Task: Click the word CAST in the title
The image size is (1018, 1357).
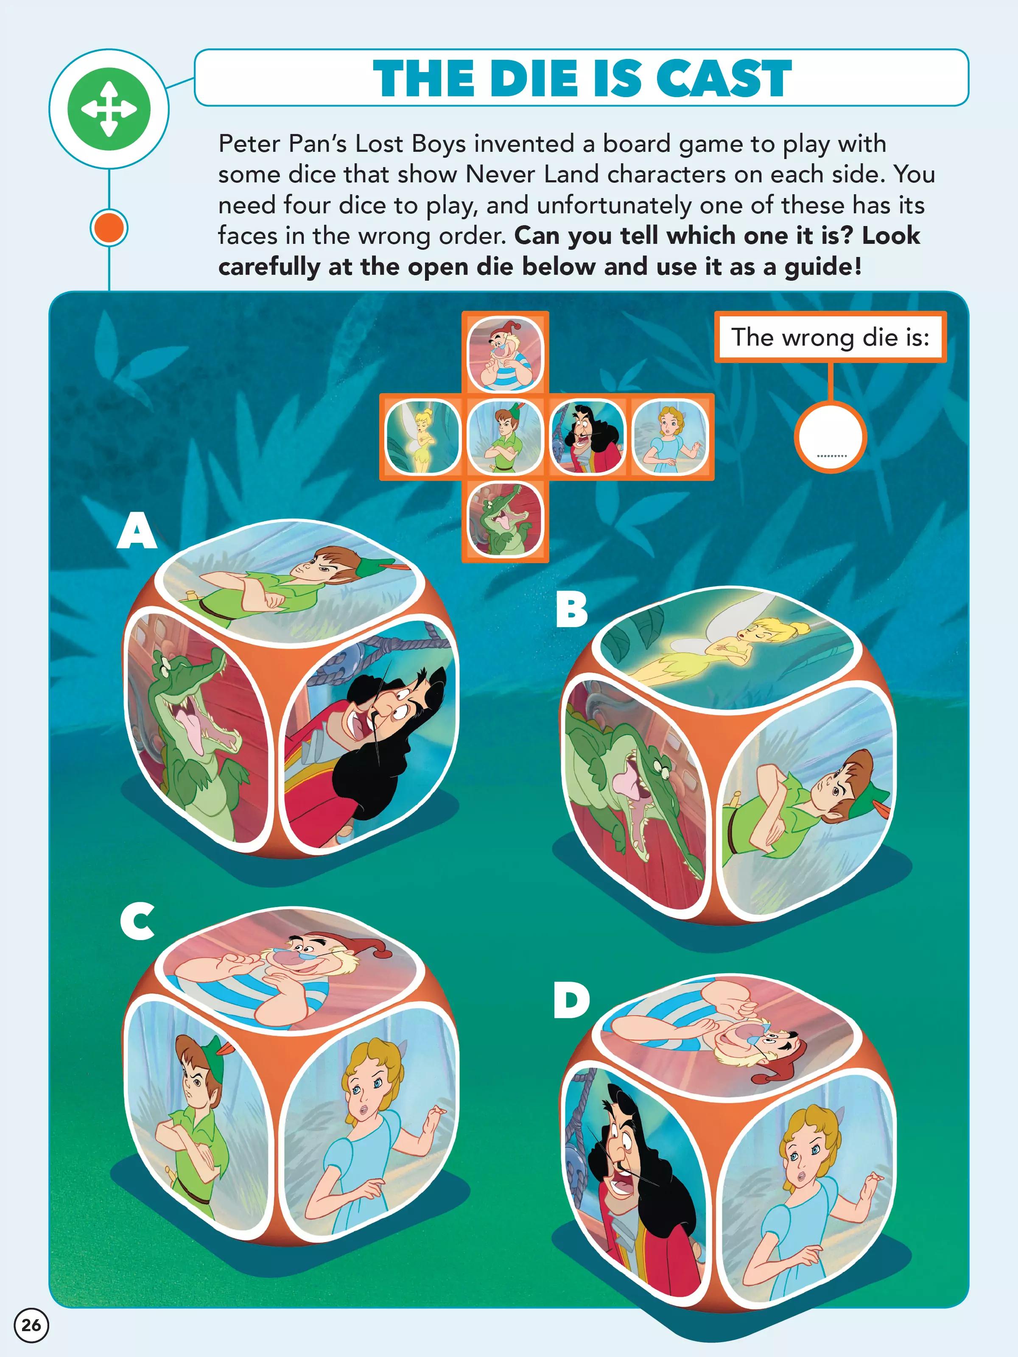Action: [x=724, y=78]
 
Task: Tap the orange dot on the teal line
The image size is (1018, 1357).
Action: [x=109, y=228]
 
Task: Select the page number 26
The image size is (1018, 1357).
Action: [x=31, y=1325]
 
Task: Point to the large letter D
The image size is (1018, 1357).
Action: [x=571, y=1000]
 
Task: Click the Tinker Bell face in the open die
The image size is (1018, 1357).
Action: [x=422, y=437]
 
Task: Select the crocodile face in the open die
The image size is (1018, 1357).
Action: [x=505, y=519]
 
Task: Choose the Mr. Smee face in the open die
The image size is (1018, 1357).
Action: [x=505, y=354]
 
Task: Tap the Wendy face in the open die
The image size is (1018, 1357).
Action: [x=669, y=437]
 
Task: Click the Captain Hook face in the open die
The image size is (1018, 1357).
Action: [x=587, y=437]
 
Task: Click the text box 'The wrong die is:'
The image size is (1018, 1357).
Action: [x=830, y=337]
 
